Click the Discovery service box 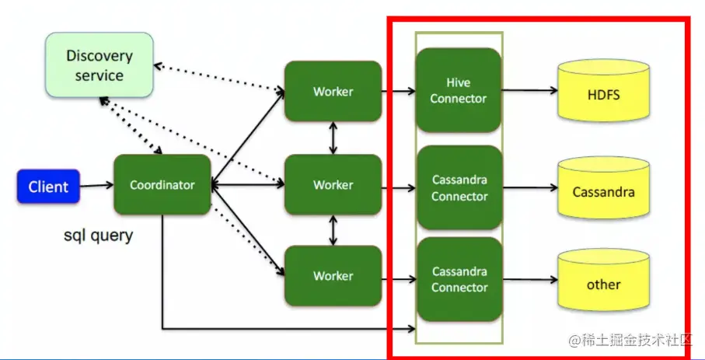point(99,65)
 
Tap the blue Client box point(48,187)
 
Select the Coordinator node point(162,185)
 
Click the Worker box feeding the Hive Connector point(333,92)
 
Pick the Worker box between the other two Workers point(333,185)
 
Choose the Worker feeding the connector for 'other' point(333,276)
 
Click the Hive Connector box point(459,90)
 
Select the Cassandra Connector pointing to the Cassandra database point(459,187)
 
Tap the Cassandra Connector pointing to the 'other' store point(459,279)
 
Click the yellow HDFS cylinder point(603,96)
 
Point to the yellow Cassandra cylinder point(603,190)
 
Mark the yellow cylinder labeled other point(603,284)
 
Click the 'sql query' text point(98,235)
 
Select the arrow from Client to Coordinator point(96,186)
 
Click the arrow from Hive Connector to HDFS point(529,90)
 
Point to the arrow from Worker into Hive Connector point(398,92)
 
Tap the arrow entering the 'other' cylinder point(529,280)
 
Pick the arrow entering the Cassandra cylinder point(529,188)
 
